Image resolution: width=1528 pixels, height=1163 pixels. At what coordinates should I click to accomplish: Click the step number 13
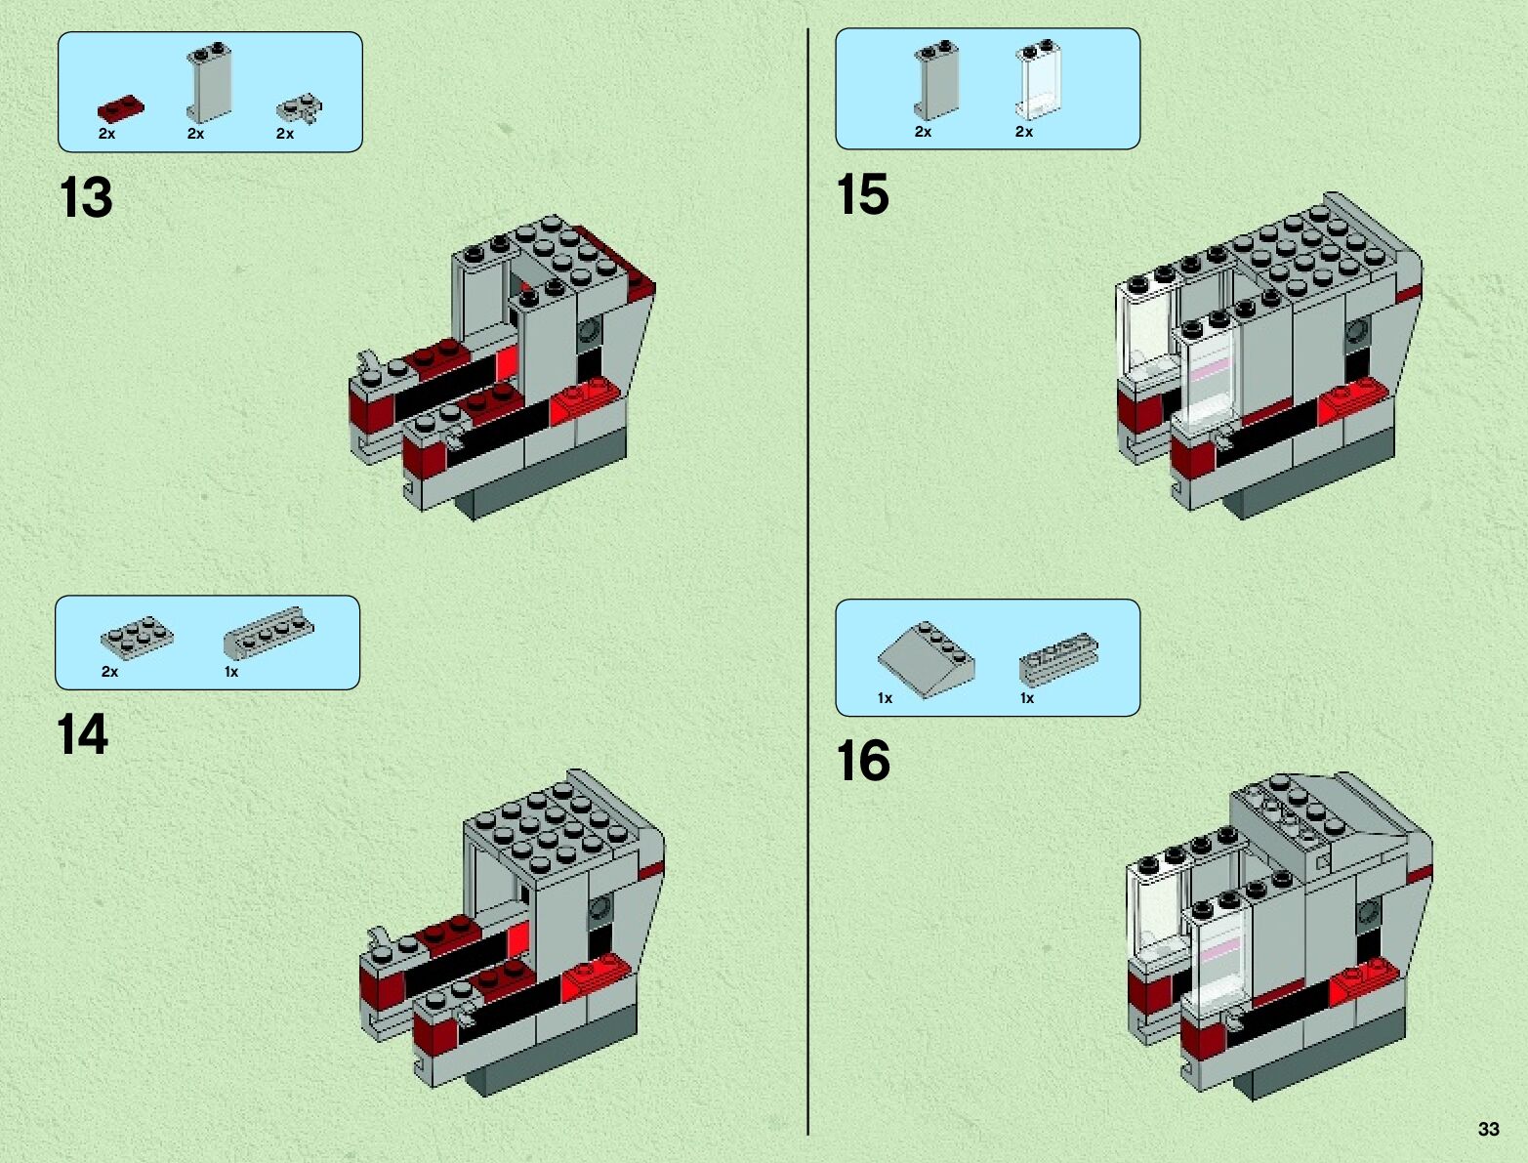[86, 198]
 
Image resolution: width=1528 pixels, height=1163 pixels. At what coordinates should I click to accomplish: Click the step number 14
[82, 734]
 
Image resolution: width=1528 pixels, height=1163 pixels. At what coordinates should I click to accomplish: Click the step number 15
[862, 194]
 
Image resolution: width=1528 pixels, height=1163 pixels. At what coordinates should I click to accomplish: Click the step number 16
[863, 761]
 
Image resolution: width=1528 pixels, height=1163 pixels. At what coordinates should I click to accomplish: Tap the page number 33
[1488, 1129]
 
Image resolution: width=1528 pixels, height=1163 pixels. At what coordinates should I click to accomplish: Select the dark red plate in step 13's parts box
[121, 106]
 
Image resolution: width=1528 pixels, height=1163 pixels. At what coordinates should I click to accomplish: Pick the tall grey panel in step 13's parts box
[209, 83]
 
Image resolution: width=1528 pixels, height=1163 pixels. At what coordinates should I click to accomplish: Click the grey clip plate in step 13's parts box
[300, 107]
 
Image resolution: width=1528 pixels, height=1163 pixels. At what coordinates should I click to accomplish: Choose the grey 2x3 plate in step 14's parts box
[137, 637]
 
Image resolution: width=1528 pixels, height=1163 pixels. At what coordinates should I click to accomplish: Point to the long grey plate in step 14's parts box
[268, 631]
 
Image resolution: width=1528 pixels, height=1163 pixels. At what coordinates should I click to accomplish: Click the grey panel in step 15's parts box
[935, 82]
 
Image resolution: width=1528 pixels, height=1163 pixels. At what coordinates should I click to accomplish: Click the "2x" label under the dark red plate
[106, 134]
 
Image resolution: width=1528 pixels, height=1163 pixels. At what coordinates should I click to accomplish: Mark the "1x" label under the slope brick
[885, 698]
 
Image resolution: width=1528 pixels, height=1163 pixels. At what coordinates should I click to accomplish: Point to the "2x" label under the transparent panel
[1023, 132]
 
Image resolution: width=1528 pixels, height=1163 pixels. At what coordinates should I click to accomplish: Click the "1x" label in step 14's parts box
[231, 672]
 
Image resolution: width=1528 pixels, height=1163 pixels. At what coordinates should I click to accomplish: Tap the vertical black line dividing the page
[808, 586]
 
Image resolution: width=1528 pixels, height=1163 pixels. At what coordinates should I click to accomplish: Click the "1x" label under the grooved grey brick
[1027, 698]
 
